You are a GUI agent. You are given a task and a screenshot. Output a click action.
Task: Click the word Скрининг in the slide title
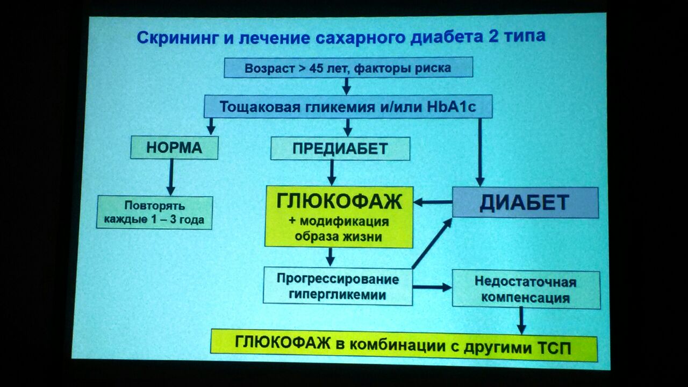coord(177,38)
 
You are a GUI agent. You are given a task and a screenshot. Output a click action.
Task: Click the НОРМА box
coord(174,148)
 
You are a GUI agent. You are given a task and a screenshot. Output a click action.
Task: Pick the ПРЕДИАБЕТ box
coord(340,149)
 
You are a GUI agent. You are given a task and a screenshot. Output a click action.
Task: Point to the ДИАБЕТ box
coord(525,203)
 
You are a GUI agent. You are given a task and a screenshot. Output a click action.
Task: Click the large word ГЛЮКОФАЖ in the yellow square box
coord(339,202)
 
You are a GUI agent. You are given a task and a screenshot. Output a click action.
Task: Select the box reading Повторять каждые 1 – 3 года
coord(154,212)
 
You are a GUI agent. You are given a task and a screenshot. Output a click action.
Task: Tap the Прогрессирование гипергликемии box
coord(338,286)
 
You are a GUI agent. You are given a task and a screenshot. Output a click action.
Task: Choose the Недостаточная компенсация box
coord(526,290)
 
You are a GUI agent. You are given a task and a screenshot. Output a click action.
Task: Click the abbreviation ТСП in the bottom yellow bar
coord(555,348)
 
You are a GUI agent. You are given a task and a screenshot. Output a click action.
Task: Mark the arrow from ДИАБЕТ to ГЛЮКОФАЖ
coord(433,202)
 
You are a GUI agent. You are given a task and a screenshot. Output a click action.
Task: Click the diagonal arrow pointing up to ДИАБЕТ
coord(432,243)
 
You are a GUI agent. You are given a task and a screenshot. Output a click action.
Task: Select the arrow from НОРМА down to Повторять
coord(171,177)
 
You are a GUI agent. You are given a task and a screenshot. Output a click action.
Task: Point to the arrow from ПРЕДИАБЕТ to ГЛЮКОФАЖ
coord(332,173)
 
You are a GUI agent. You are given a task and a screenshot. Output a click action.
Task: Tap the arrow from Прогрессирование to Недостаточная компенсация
coord(432,287)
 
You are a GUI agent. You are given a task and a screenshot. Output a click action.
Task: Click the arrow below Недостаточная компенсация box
coord(521,321)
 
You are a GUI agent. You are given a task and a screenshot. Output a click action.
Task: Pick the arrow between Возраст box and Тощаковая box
coord(347,87)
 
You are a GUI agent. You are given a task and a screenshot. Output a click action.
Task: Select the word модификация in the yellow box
coord(345,221)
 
